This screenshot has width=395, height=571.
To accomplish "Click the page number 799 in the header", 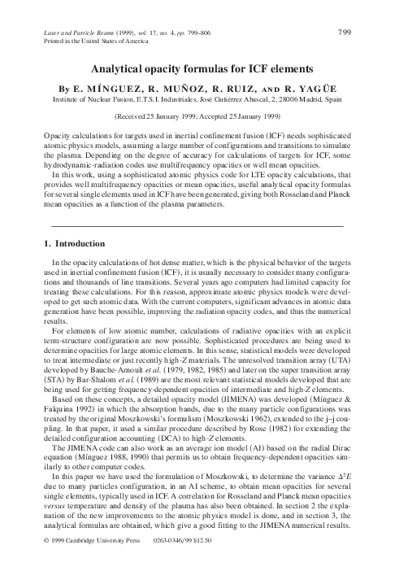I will [342, 33].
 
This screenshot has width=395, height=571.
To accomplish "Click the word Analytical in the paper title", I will [123, 71].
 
